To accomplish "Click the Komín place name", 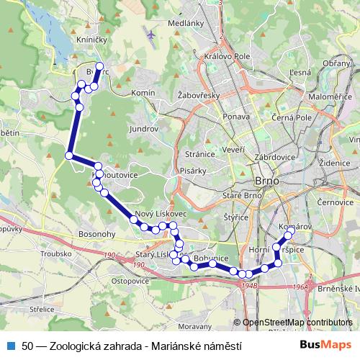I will (x=144, y=94).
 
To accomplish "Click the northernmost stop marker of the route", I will (x=100, y=68).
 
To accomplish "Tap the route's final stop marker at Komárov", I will (x=289, y=235).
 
